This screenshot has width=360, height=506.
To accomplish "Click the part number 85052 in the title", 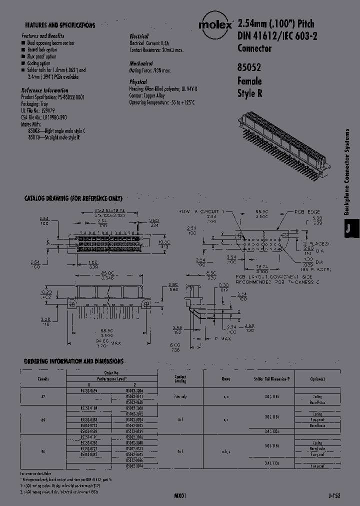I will (248, 68).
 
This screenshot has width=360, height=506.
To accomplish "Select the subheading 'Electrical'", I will (139, 36).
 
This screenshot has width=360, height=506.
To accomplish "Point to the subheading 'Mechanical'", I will (141, 64).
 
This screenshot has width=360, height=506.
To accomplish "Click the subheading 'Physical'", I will (138, 81).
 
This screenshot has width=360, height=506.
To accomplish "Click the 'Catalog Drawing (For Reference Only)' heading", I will (73, 198).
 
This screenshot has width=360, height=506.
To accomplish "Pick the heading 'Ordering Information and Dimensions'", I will (73, 360).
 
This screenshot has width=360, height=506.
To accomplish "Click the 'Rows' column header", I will (225, 378).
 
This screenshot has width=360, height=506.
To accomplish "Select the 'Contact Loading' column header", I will (180, 378).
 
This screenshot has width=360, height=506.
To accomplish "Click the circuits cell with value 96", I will (43, 451).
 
